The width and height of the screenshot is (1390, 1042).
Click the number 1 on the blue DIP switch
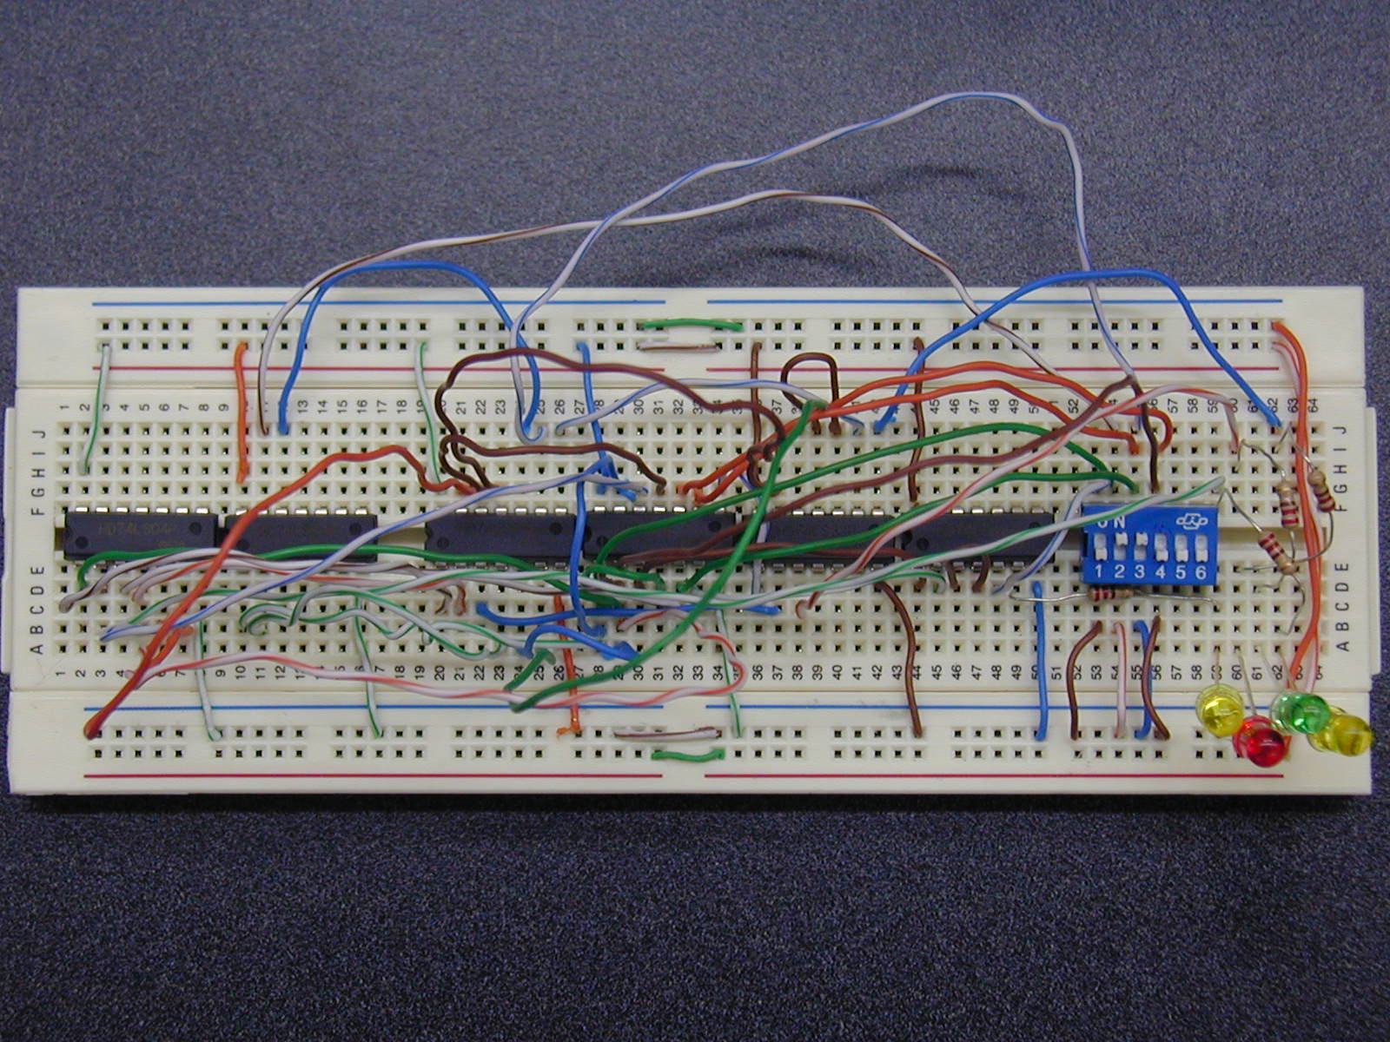click(x=1100, y=572)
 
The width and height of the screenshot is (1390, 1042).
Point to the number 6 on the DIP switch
click(x=1201, y=572)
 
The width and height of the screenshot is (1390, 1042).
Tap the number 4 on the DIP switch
click(x=1160, y=572)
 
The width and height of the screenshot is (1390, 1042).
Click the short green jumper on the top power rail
click(x=691, y=326)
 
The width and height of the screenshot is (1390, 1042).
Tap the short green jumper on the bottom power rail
click(x=688, y=755)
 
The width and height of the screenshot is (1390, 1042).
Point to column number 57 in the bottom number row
click(x=1175, y=672)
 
